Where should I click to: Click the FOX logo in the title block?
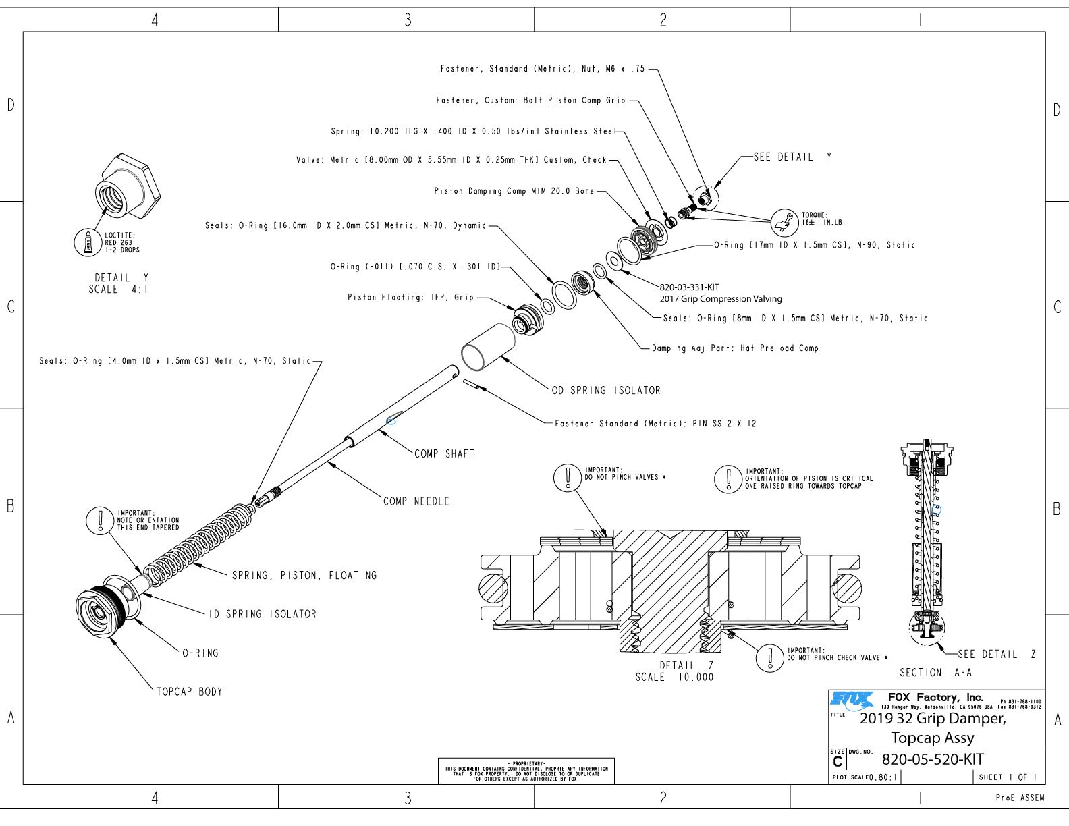click(851, 700)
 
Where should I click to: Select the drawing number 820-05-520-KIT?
click(933, 759)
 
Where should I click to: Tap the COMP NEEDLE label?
click(416, 501)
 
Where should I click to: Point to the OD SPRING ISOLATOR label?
click(606, 390)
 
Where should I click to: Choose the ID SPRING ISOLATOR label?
click(263, 614)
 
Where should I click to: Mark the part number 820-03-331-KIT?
click(689, 287)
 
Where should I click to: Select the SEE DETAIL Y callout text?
click(792, 157)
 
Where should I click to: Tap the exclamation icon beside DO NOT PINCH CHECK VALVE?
click(769, 657)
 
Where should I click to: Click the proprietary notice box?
click(526, 771)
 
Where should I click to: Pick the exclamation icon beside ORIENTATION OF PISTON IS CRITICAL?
click(728, 478)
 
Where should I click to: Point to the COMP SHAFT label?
click(445, 453)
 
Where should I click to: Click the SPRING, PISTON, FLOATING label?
click(304, 575)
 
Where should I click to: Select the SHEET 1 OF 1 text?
click(1007, 777)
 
